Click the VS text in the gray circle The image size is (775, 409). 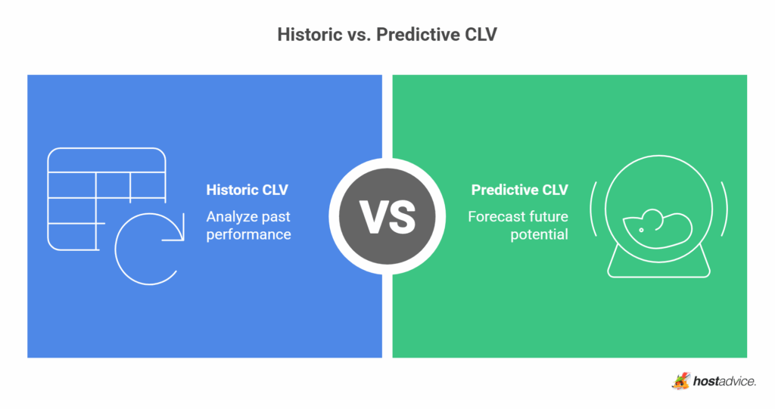pyautogui.click(x=387, y=215)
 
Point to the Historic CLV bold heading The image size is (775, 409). pyautogui.click(x=247, y=190)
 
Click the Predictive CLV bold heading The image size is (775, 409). pyautogui.click(x=519, y=190)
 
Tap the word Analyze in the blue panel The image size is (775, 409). pyautogui.click(x=233, y=217)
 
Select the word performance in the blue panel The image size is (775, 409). pyautogui.click(x=248, y=234)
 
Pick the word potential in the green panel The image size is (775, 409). pyautogui.click(x=539, y=234)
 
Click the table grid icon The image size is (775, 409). pyautogui.click(x=106, y=198)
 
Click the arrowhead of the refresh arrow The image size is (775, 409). pyautogui.click(x=177, y=238)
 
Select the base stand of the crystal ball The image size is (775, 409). pyautogui.click(x=658, y=265)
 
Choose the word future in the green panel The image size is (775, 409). pyautogui.click(x=548, y=217)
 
